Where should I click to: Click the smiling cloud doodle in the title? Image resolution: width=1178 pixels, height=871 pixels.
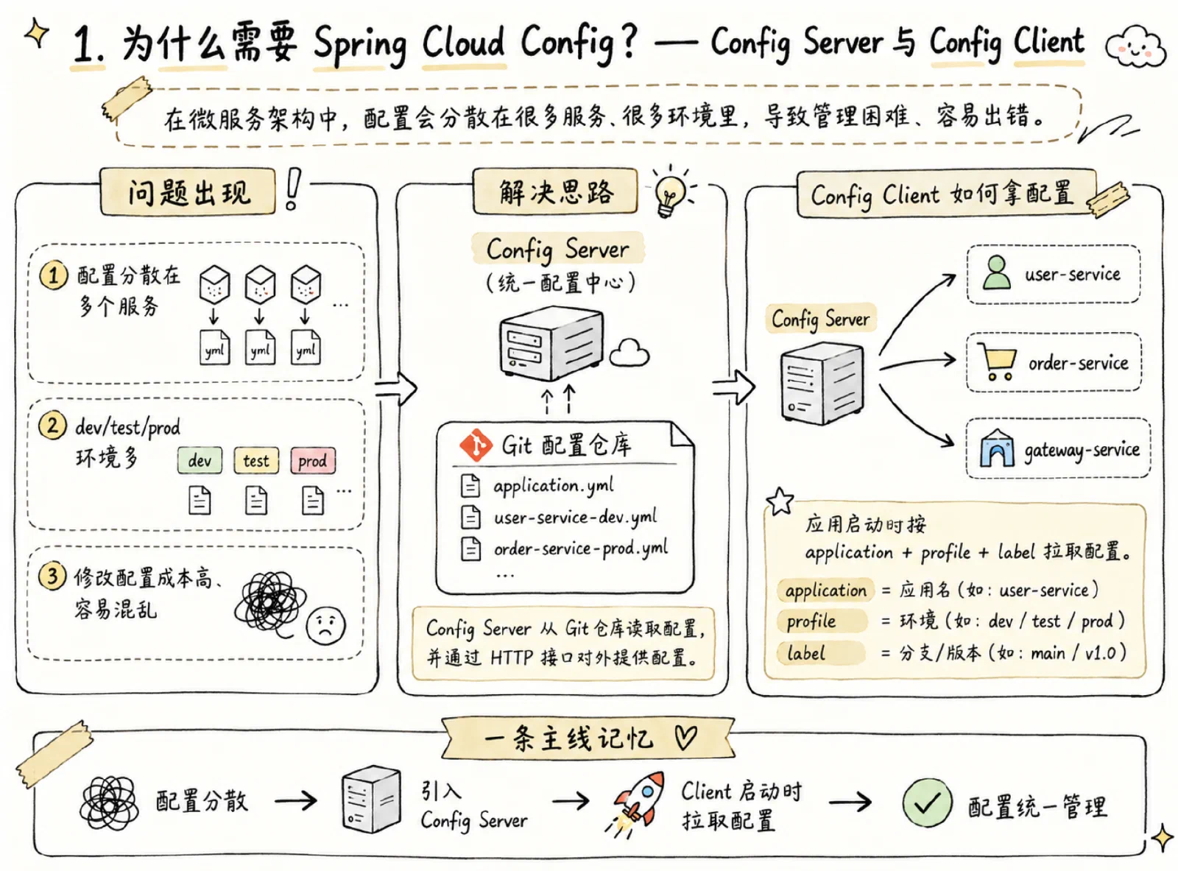(x=1135, y=46)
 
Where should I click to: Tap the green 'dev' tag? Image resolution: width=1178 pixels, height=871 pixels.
(x=200, y=460)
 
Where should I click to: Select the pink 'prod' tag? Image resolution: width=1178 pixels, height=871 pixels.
(x=313, y=460)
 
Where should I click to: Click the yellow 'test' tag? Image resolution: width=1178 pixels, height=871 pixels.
(x=256, y=460)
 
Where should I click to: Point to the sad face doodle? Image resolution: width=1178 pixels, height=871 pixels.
(x=325, y=625)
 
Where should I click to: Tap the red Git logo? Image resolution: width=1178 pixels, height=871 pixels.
(x=476, y=445)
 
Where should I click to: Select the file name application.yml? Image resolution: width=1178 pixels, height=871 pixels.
(x=554, y=485)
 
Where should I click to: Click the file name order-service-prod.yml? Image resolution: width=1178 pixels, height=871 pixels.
(x=581, y=549)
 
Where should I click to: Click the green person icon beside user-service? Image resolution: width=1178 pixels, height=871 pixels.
(x=996, y=272)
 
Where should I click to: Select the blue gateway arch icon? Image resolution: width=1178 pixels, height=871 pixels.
(x=996, y=448)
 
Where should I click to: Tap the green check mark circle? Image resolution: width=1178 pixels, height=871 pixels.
(x=927, y=803)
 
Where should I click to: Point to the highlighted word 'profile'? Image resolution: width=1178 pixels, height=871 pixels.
(x=811, y=621)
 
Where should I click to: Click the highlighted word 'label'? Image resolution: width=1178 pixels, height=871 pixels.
(x=806, y=653)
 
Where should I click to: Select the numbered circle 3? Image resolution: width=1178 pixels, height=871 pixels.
(x=52, y=576)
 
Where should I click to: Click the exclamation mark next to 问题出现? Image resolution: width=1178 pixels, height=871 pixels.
(x=292, y=189)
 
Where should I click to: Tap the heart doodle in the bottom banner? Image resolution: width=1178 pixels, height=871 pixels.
(x=685, y=737)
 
